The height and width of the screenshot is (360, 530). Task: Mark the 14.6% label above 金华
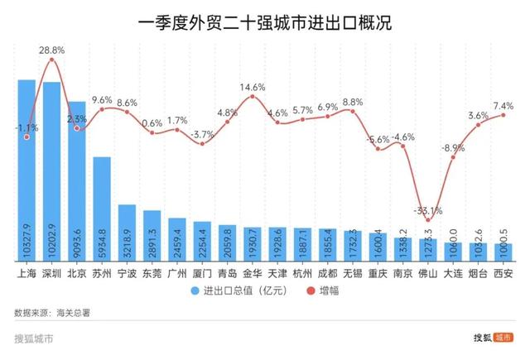point(253,86)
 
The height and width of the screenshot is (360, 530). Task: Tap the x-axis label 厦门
point(202,272)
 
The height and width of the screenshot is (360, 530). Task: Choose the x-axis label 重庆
point(378,272)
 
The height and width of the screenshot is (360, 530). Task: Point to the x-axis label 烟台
point(478,272)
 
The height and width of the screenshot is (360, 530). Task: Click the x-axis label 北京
point(76,272)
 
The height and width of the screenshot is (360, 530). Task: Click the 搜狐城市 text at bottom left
point(34,338)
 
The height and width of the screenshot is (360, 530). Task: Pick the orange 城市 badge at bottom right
point(503,338)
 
